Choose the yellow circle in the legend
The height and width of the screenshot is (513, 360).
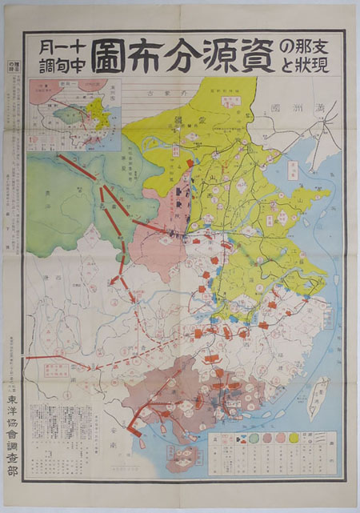tap(293, 439)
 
